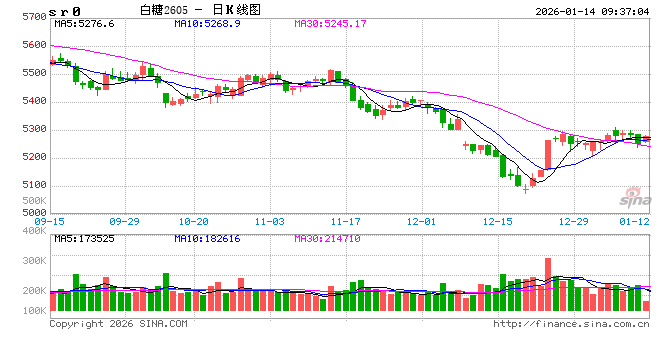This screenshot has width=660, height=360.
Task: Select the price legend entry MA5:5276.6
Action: click(85, 23)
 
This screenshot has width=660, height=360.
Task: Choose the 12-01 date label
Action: click(421, 221)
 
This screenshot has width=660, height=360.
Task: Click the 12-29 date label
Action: click(573, 221)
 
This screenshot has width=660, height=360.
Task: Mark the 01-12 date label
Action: click(635, 221)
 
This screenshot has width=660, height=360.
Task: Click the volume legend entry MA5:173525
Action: click(85, 238)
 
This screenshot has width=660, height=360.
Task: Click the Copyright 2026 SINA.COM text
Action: click(118, 324)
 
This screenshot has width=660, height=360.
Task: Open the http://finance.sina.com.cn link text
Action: click(571, 324)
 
